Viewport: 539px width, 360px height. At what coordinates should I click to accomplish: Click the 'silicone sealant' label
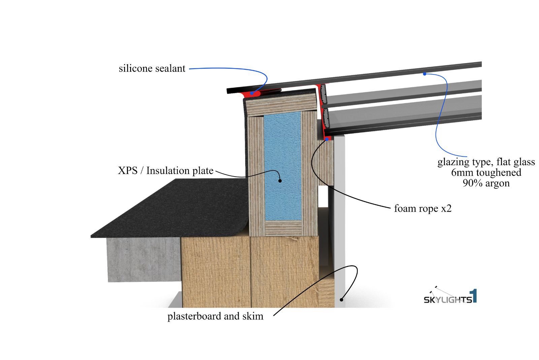(152, 68)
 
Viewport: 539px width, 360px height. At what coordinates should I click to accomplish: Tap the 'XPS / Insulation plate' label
(165, 171)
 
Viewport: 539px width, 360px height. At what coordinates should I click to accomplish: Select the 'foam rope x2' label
(422, 208)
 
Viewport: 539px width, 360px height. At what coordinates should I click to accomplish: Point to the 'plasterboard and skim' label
(215, 316)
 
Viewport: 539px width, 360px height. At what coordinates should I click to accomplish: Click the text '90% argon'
(486, 183)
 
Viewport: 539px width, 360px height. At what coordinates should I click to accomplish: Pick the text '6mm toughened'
(486, 173)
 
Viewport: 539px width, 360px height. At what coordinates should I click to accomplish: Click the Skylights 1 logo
(450, 296)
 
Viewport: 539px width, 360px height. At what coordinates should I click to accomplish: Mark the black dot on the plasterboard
(341, 299)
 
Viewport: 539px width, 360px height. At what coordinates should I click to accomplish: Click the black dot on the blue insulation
(280, 181)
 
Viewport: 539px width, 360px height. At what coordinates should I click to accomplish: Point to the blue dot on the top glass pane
(425, 73)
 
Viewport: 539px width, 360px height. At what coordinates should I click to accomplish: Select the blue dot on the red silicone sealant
(251, 93)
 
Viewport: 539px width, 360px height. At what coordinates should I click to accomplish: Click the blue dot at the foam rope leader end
(326, 139)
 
